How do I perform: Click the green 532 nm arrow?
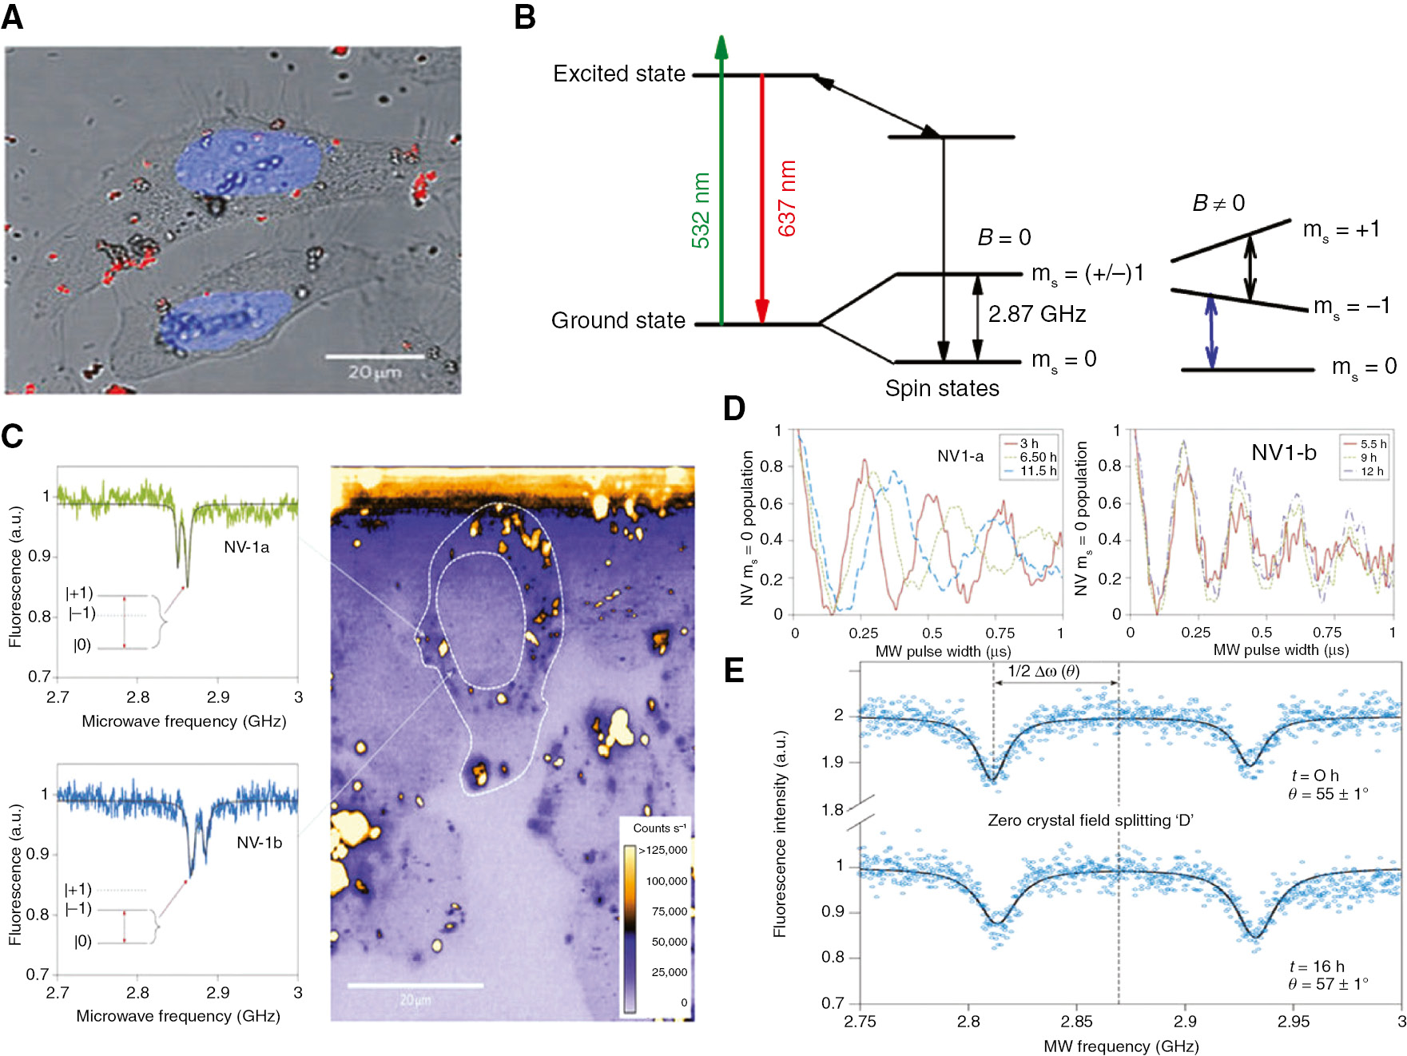click(x=721, y=184)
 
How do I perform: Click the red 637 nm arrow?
click(x=762, y=200)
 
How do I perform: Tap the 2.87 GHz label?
click(x=1036, y=314)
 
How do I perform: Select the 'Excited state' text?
click(x=619, y=73)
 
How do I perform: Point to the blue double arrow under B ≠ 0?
click(x=1211, y=331)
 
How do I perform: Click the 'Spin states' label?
click(x=942, y=388)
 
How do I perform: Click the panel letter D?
click(x=733, y=409)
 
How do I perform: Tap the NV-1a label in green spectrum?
click(x=246, y=547)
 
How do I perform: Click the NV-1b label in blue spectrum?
click(x=259, y=843)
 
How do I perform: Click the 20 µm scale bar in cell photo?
click(x=374, y=357)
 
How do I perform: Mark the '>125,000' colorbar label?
click(x=663, y=850)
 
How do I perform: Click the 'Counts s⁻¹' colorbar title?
click(x=659, y=828)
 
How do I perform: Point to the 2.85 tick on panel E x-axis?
click(x=1076, y=1021)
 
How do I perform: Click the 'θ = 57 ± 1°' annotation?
click(x=1327, y=984)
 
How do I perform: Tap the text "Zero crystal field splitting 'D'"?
click(x=1090, y=820)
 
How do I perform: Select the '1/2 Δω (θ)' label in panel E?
click(x=1043, y=671)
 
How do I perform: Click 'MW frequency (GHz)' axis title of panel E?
click(x=1120, y=1046)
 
